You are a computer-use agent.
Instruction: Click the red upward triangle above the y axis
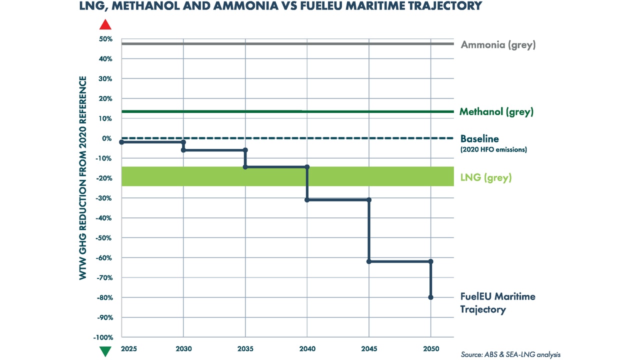pos(105,25)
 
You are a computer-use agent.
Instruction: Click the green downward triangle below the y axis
pos(105,351)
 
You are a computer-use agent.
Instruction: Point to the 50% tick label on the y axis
pos(105,39)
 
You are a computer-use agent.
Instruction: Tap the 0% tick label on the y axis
pos(107,138)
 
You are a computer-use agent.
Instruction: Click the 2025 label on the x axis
pos(121,348)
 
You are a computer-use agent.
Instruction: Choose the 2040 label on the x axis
pos(307,348)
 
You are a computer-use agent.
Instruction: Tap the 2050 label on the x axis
pos(430,348)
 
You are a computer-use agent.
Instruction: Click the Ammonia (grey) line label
pos(498,45)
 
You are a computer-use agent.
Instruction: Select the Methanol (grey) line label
pos(496,112)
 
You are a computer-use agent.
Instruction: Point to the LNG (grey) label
pos(485,178)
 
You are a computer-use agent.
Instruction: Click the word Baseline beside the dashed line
pos(479,139)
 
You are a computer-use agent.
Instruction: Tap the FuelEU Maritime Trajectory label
pos(497,303)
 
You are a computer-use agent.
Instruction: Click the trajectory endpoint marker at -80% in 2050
pos(430,297)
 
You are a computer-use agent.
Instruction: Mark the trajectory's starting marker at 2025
pos(121,142)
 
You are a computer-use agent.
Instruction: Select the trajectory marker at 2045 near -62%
pos(369,261)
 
